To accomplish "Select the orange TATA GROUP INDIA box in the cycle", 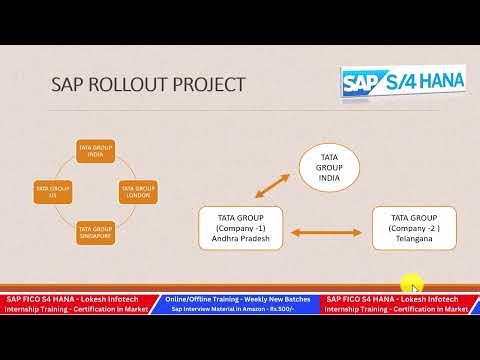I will [x=97, y=150].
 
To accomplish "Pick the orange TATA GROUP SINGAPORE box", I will [x=97, y=232].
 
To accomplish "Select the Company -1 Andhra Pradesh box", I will [x=240, y=228].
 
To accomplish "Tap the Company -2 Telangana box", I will [x=414, y=228].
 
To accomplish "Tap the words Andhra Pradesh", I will [x=240, y=240].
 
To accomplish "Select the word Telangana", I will [x=414, y=240].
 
